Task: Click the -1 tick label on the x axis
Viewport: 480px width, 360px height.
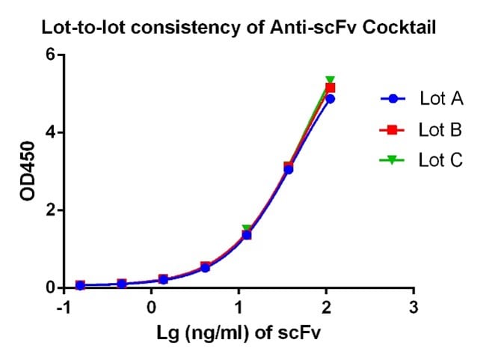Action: (x=64, y=308)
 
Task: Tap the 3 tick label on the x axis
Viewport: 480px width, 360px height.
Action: (x=413, y=308)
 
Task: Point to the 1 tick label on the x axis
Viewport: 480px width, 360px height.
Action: (x=239, y=308)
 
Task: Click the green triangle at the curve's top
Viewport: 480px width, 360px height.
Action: (x=330, y=80)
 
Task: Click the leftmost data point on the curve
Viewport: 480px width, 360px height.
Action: (x=80, y=285)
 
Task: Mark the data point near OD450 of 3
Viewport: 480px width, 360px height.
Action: (x=289, y=168)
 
